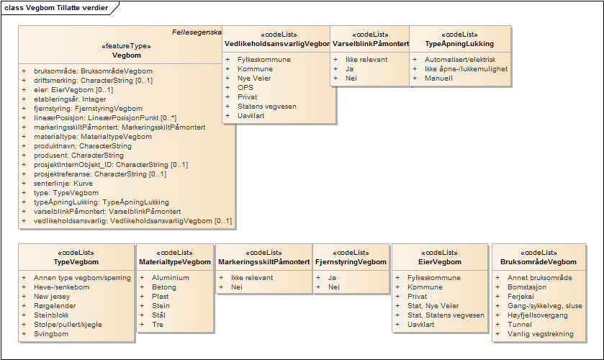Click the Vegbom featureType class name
tap(127, 55)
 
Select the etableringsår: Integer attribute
tap(70, 99)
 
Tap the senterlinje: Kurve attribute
tap(63, 184)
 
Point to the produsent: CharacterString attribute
tap(78, 156)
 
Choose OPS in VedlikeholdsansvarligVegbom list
tap(245, 88)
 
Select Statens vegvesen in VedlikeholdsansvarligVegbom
tap(267, 107)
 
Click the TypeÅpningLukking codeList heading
tap(459, 43)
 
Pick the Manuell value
tap(438, 78)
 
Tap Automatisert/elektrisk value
tap(460, 59)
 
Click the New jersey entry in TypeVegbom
tap(52, 297)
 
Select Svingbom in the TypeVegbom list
tap(51, 334)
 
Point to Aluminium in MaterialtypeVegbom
tap(171, 277)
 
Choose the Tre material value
tap(158, 325)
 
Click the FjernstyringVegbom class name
tap(351, 261)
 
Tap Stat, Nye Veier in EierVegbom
tap(433, 306)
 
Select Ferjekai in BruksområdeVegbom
tap(520, 297)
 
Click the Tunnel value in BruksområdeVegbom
tap(520, 325)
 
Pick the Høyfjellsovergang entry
tap(538, 315)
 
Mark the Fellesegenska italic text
tap(197, 32)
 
